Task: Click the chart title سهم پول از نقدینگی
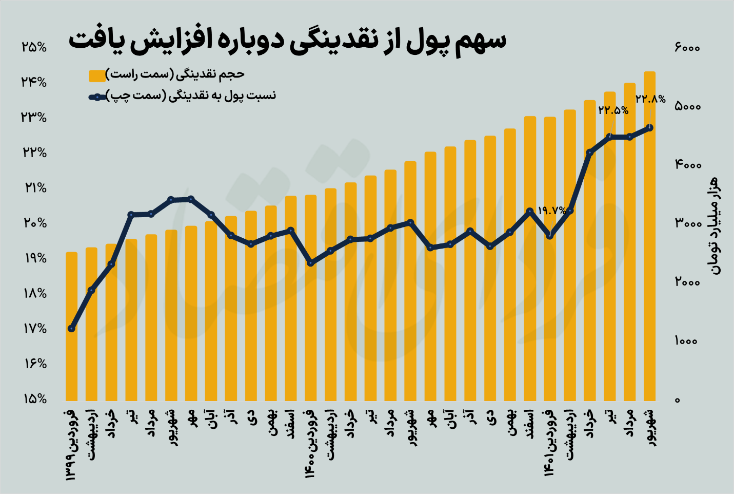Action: pyautogui.click(x=287, y=41)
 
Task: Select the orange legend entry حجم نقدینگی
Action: pyautogui.click(x=174, y=75)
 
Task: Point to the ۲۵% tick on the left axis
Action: pyautogui.click(x=34, y=47)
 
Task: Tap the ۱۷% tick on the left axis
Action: pyautogui.click(x=34, y=329)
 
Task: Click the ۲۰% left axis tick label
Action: pyautogui.click(x=34, y=223)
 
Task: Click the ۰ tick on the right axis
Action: pyautogui.click(x=678, y=400)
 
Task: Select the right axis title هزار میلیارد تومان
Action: pyautogui.click(x=715, y=226)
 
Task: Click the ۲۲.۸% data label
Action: pyautogui.click(x=650, y=99)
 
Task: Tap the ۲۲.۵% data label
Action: pyautogui.click(x=613, y=110)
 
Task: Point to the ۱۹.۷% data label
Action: pyautogui.click(x=552, y=210)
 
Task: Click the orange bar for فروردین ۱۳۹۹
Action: pyautogui.click(x=71, y=329)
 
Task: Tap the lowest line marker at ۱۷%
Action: pyautogui.click(x=72, y=329)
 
